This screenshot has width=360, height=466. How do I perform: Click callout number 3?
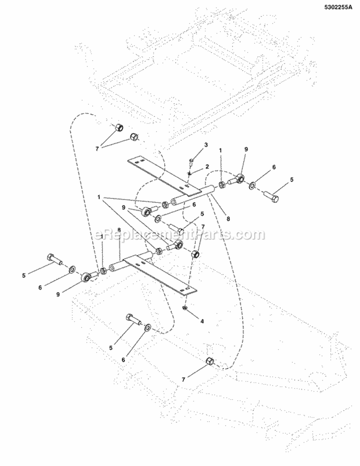pyautogui.click(x=192, y=145)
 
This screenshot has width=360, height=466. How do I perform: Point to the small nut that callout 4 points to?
pyautogui.click(x=185, y=307)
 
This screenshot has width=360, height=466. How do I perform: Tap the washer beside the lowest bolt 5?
pyautogui.click(x=148, y=327)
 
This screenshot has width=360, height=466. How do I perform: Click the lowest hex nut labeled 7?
pyautogui.click(x=209, y=361)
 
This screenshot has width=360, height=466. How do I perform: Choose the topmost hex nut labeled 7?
pyautogui.click(x=119, y=128)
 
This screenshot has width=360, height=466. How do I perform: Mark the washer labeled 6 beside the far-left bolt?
pyautogui.click(x=72, y=269)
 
